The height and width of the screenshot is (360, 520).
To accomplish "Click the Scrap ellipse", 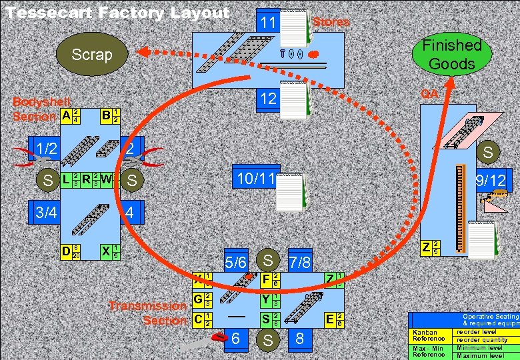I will click(x=92, y=55).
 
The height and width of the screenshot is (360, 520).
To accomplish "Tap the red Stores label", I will click(x=331, y=22).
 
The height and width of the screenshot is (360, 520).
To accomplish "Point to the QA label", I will click(x=430, y=94).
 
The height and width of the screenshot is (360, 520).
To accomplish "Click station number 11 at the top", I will click(x=269, y=23).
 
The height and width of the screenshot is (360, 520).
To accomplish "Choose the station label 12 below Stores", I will click(x=269, y=99).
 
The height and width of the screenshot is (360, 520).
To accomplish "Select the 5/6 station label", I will click(x=236, y=262).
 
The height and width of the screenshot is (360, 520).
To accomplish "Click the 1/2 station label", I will click(x=47, y=148).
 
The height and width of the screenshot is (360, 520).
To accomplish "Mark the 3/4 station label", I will click(x=46, y=213).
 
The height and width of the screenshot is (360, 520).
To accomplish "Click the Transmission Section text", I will click(x=148, y=313).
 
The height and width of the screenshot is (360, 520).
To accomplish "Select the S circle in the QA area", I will click(x=488, y=153).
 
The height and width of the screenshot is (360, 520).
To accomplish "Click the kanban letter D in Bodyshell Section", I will click(x=66, y=251).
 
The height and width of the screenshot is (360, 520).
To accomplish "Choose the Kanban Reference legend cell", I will click(x=430, y=335).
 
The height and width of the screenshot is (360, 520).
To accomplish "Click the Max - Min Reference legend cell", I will click(x=430, y=351).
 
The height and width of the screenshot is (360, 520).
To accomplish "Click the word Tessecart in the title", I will click(x=49, y=13).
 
